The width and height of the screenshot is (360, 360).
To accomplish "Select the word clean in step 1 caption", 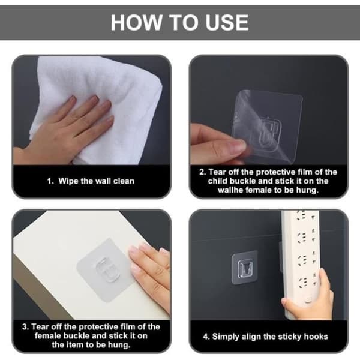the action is [x=124, y=181].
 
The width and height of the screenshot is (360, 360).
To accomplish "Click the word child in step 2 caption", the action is [x=217, y=181].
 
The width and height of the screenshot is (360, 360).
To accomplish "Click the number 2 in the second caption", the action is [x=203, y=172].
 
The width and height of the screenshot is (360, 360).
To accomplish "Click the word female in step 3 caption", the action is [x=48, y=336].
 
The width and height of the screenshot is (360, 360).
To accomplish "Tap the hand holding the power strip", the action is [x=308, y=296].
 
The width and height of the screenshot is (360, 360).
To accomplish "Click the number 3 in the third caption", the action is [x=25, y=327].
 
